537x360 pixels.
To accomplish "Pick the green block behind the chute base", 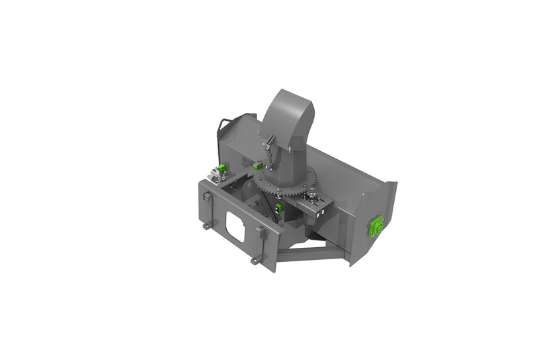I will pos(257,163).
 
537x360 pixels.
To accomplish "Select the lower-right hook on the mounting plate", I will pos(255,259).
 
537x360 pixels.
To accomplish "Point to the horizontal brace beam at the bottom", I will pos(312,255).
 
